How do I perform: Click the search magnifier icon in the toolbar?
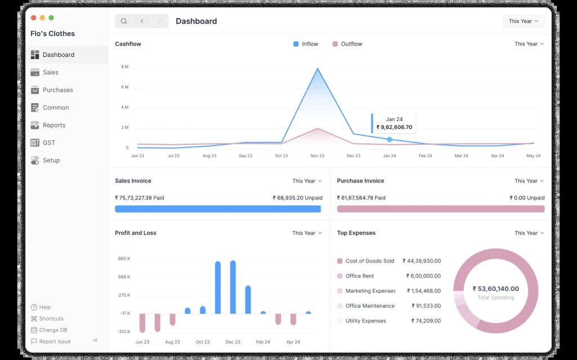coord(124,21)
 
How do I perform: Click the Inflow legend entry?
coord(305,44)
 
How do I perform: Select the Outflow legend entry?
coord(347,44)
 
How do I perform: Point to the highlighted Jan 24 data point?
coord(389,140)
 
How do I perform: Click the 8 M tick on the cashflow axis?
coord(125,67)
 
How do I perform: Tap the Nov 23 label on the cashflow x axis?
coord(317,155)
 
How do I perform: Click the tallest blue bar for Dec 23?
coord(233,287)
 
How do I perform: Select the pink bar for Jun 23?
coord(143,323)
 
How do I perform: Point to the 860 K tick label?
coord(124,259)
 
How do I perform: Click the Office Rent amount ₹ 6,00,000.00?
coord(423,276)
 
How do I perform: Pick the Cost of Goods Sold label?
coord(370,261)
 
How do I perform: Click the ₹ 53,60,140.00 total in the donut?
coord(496,289)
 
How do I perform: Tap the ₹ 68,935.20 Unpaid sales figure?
coord(298,198)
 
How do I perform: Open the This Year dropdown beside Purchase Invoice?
coord(529,181)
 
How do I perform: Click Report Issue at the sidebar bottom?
coord(51,341)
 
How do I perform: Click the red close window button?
coord(33,17)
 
